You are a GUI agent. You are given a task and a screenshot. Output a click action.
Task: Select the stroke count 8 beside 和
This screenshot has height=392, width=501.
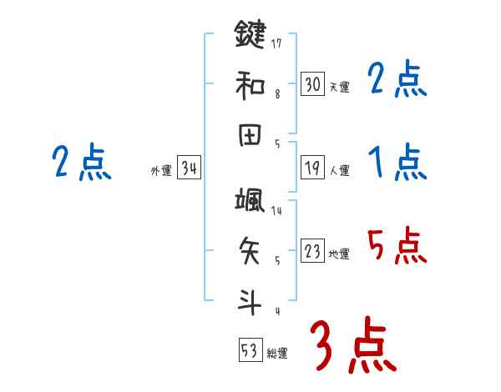277,94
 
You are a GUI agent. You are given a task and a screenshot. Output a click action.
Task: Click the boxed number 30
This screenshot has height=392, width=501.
312,84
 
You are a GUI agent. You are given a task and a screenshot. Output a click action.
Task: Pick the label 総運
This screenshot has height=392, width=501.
277,353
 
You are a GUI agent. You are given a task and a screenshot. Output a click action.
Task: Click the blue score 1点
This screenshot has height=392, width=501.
397,162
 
